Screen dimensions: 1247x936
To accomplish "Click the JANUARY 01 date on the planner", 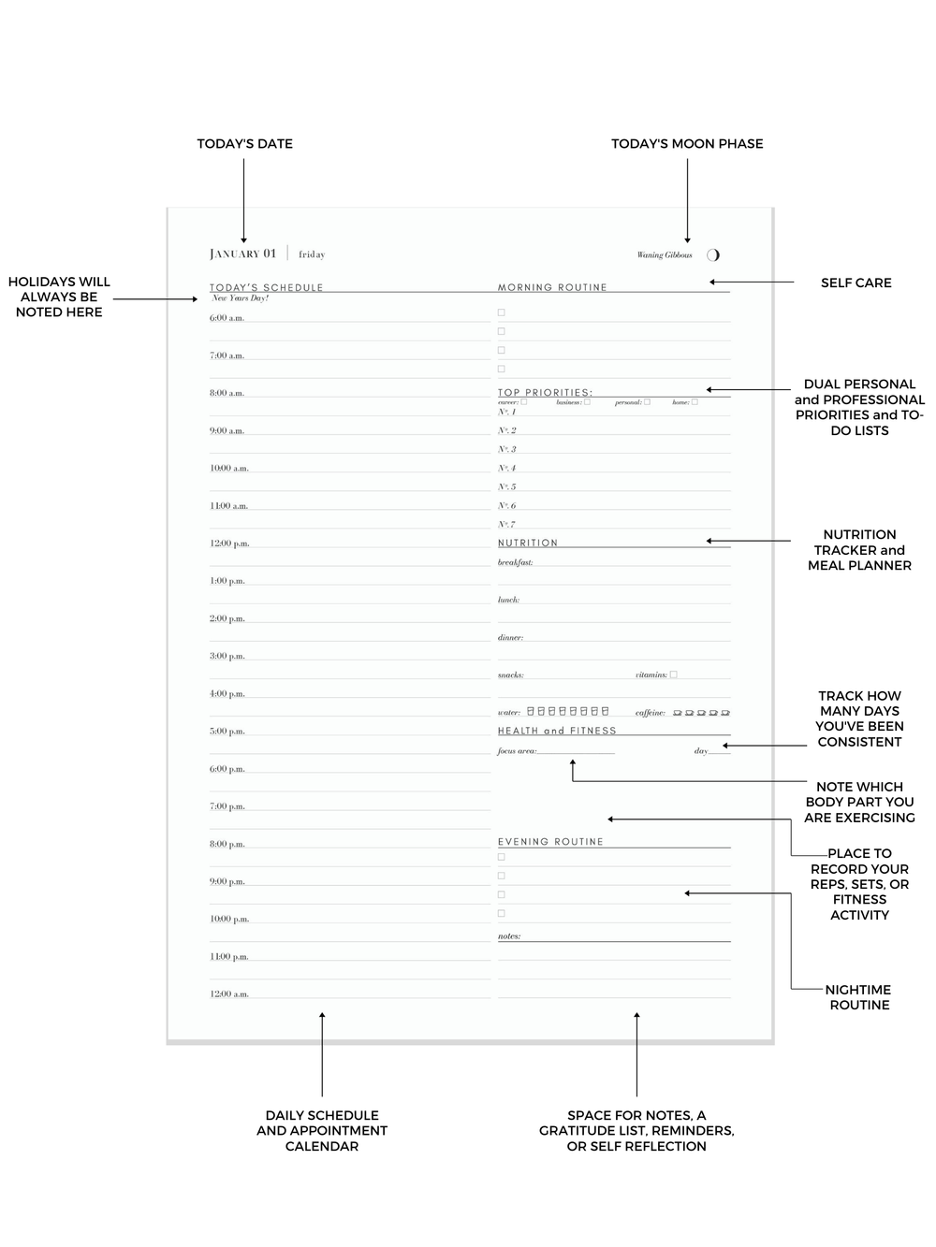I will tap(242, 254).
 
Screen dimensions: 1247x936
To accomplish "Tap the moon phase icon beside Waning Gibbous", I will tap(713, 254).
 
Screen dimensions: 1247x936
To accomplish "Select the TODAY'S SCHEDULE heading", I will tap(266, 287).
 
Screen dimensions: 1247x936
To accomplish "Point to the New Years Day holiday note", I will tap(240, 298).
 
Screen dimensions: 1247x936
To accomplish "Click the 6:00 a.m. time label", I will tap(227, 318).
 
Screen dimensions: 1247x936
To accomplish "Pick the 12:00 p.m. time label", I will tap(229, 544).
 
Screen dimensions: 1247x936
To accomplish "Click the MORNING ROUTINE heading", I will tap(552, 287).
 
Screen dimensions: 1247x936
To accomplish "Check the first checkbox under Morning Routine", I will tap(502, 312).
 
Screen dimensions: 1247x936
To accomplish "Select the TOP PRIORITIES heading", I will tap(545, 393).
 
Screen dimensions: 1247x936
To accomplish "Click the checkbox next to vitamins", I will tap(673, 674).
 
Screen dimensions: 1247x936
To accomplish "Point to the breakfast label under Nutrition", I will tap(515, 563).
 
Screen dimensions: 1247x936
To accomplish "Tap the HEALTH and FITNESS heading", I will tap(557, 731).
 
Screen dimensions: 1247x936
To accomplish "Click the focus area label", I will tap(517, 751).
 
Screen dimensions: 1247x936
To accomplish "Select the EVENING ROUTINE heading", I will tap(550, 842).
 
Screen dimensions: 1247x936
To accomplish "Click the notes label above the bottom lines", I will tap(509, 936).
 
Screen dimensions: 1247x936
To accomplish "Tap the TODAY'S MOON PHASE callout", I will tap(687, 143).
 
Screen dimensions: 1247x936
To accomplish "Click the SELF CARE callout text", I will tap(856, 283).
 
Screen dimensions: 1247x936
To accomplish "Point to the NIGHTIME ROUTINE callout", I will tap(859, 997).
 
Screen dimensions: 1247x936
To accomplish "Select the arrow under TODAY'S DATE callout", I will tap(244, 201).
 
